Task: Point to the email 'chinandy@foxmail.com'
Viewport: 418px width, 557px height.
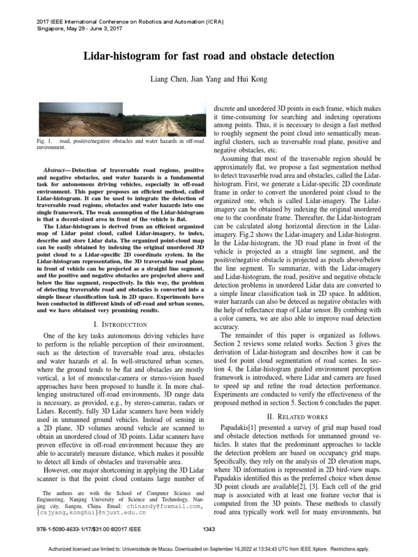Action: (168, 506)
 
